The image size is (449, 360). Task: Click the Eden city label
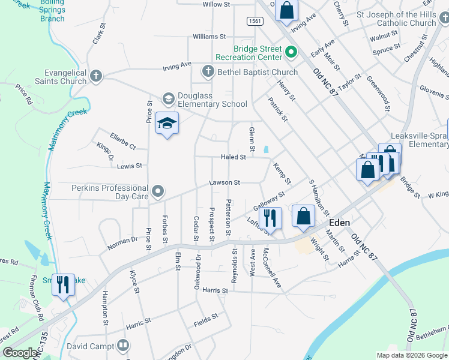(x=340, y=222)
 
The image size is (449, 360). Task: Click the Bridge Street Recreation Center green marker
(x=291, y=52)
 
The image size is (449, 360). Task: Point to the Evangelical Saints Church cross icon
(x=96, y=76)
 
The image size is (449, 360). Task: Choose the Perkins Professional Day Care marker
(x=158, y=191)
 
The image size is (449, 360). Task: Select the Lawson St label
(x=224, y=182)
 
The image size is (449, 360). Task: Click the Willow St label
(x=216, y=4)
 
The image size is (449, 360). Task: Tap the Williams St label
(x=209, y=37)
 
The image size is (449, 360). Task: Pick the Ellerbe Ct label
(x=123, y=142)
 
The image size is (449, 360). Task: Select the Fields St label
(x=206, y=322)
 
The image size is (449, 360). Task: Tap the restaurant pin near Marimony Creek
(x=63, y=284)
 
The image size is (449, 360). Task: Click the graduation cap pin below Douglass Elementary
(x=167, y=124)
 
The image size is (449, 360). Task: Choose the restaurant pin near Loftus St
(x=271, y=218)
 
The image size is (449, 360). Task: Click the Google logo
(x=20, y=353)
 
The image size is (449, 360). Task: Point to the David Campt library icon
(x=123, y=346)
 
